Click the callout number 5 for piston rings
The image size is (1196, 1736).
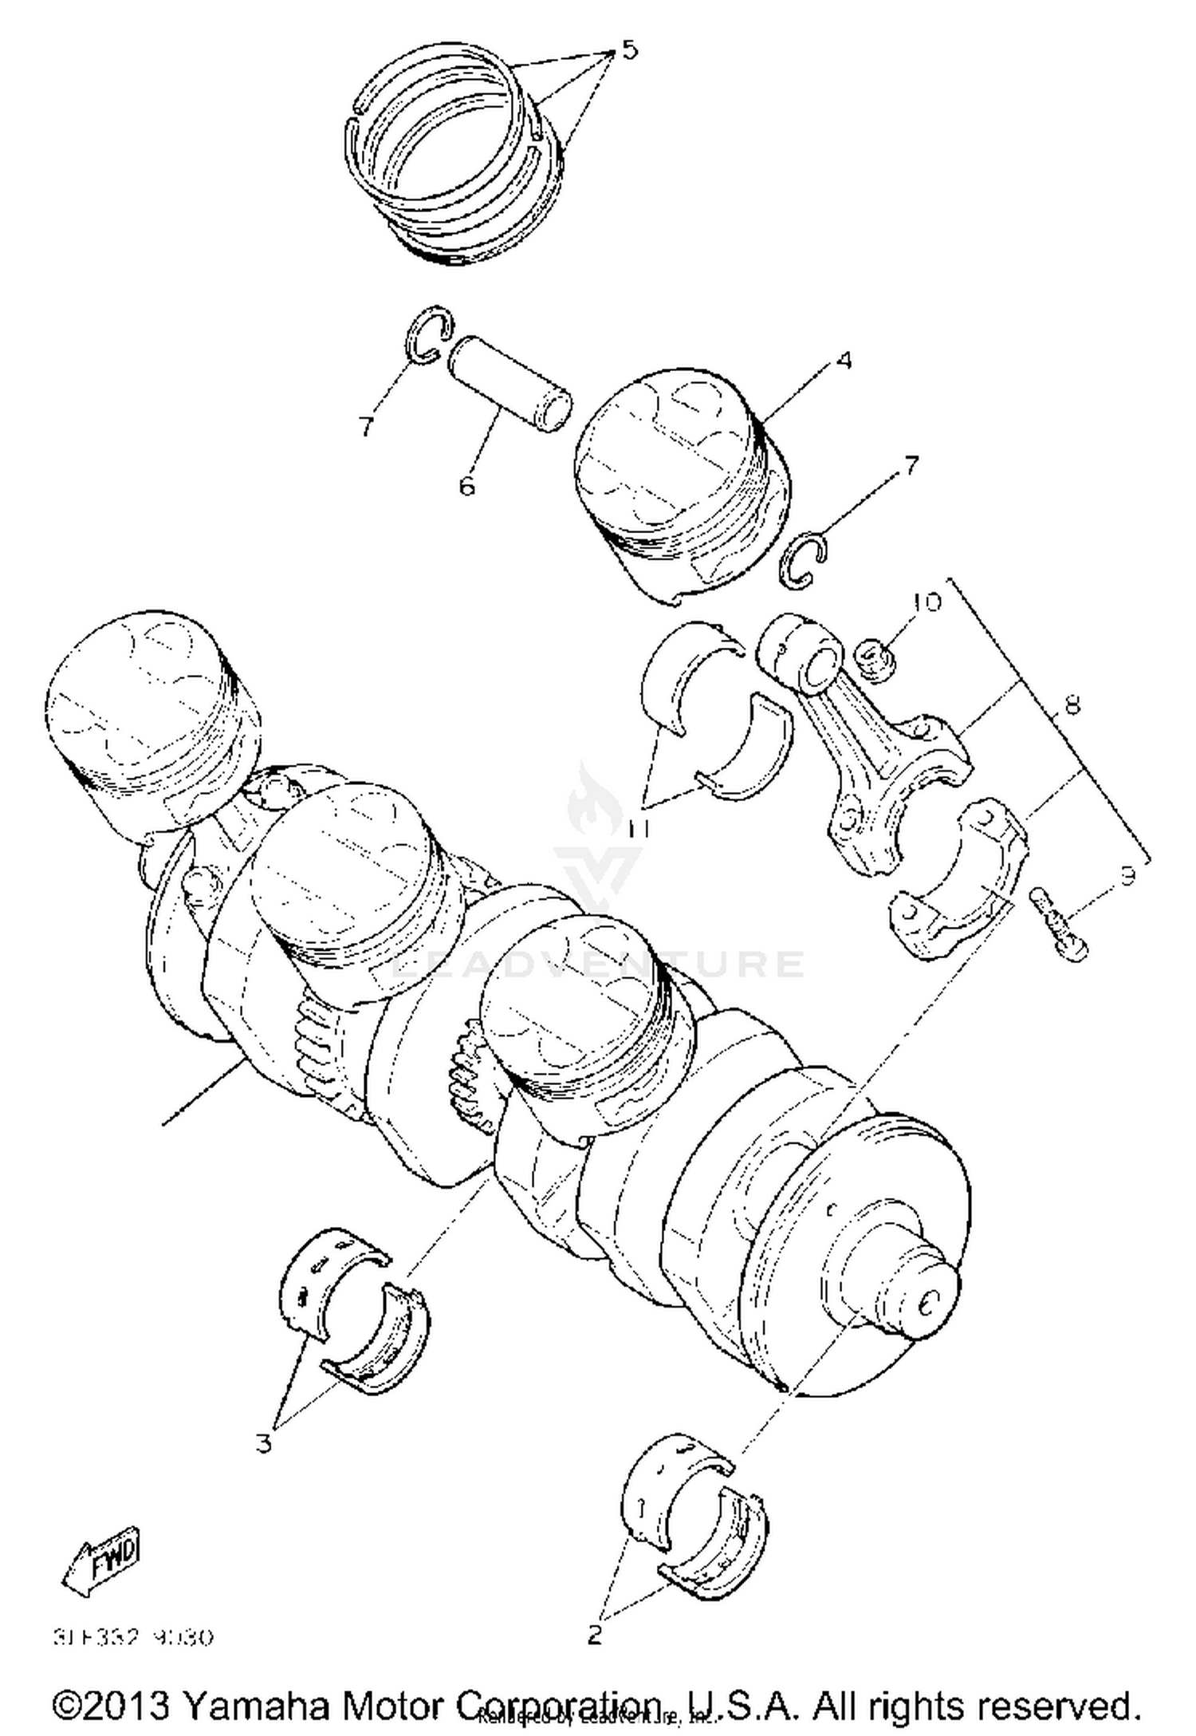(629, 50)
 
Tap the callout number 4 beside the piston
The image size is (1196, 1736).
(844, 361)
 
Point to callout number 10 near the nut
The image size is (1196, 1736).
(927, 602)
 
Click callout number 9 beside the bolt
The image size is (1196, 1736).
(1127, 878)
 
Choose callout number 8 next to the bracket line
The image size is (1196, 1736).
(1072, 705)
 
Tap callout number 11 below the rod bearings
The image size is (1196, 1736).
(638, 828)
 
